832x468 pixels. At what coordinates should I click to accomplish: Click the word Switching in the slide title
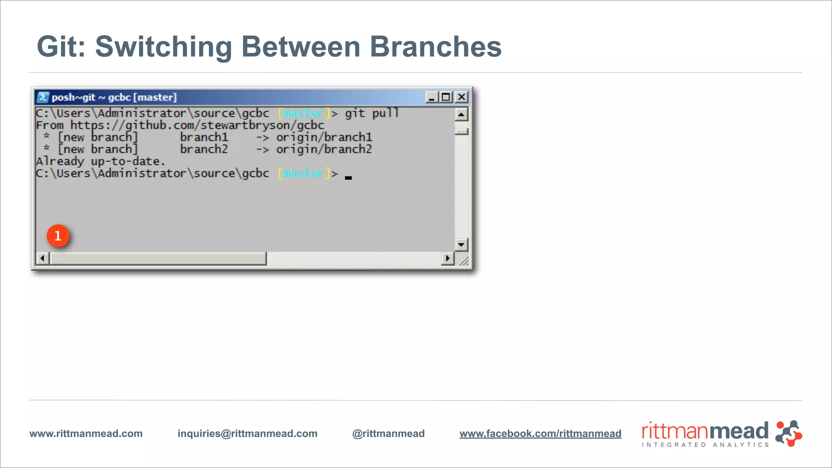163,47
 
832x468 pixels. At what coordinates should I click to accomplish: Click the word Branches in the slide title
435,47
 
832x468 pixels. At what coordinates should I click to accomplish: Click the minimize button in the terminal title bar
431,97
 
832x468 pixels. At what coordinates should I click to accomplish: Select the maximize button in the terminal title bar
446,97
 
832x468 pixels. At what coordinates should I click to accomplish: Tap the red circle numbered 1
58,236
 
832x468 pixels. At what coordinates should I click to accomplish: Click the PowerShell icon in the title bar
43,97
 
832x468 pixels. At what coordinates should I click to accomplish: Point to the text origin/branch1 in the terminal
324,137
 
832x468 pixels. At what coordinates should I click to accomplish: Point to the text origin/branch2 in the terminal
324,149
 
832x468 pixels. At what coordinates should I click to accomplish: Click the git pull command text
371,113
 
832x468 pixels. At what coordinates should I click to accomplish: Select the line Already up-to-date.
100,161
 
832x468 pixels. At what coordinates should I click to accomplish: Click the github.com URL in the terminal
197,125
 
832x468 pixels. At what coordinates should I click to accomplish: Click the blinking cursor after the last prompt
348,177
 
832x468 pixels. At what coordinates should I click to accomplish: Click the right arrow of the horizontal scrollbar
447,258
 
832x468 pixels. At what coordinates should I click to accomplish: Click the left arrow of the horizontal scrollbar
42,258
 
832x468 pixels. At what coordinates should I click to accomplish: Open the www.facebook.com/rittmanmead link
540,433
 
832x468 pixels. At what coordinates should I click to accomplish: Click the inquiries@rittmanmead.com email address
247,433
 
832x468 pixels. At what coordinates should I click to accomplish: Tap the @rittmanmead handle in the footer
388,433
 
